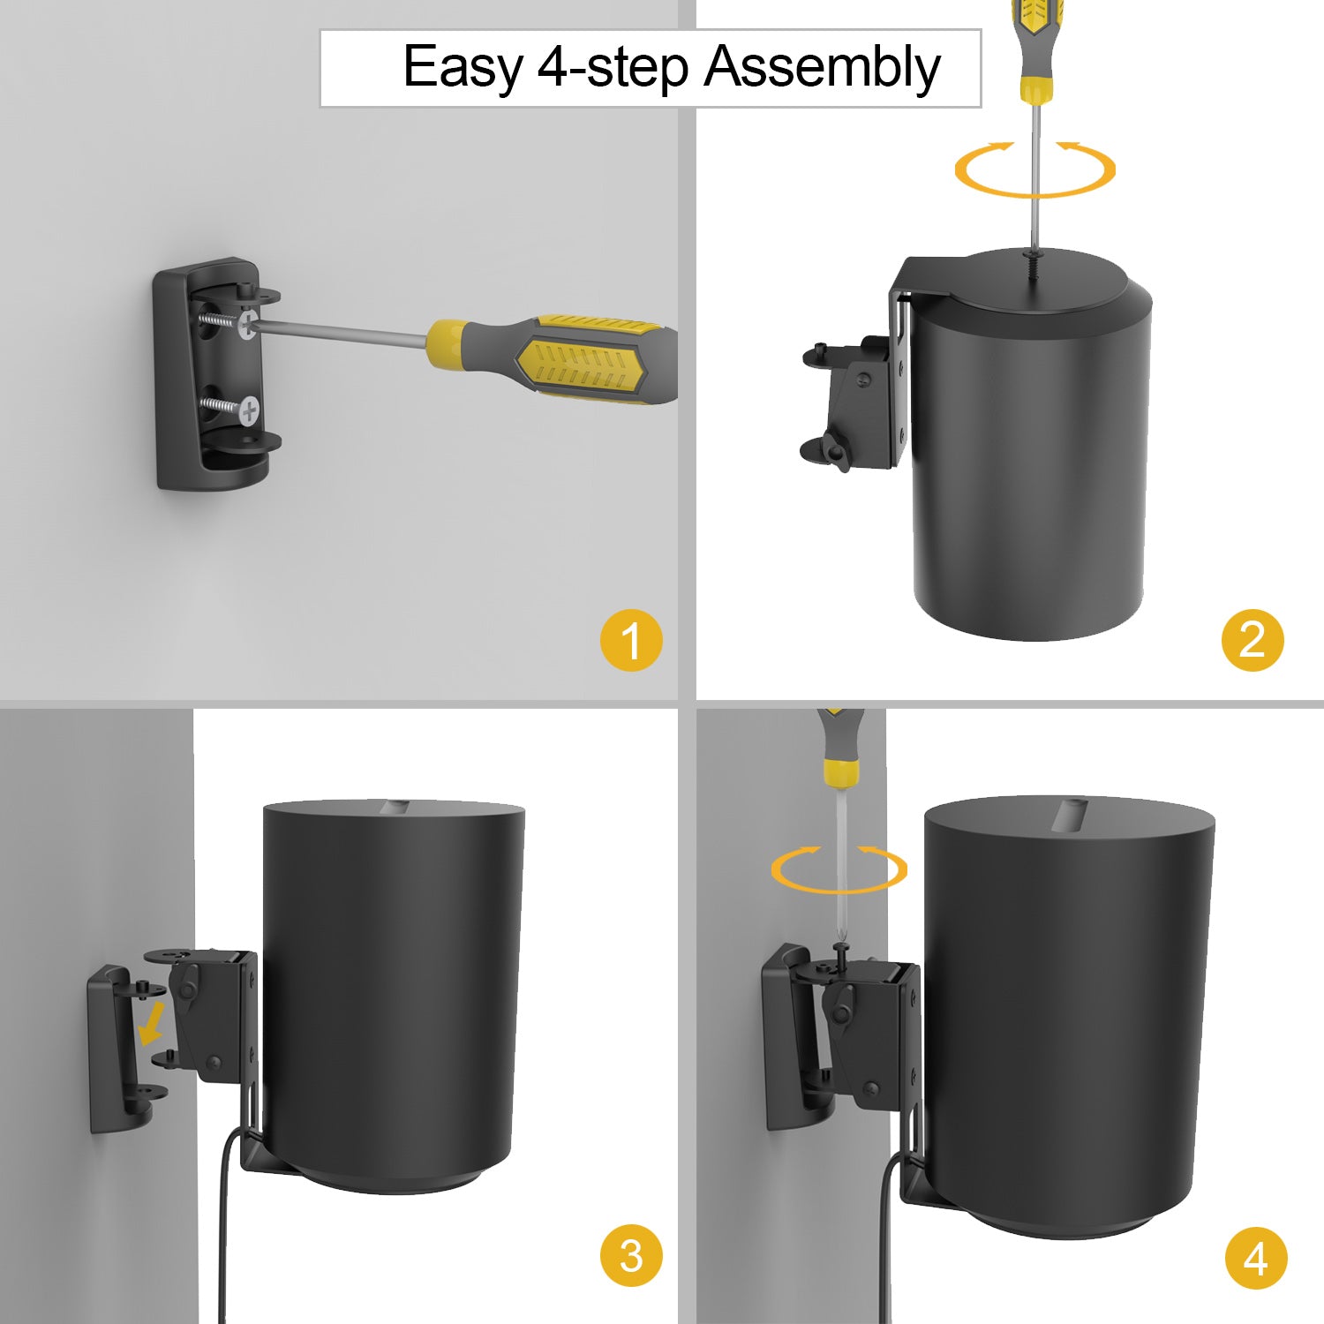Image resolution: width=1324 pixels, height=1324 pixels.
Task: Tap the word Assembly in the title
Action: [823, 69]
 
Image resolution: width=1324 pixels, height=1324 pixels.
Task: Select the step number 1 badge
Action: [631, 640]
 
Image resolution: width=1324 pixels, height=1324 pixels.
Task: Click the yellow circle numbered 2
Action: [1253, 639]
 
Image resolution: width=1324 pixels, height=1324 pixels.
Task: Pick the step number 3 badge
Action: [631, 1255]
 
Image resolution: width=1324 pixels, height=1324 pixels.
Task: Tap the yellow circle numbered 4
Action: [1256, 1258]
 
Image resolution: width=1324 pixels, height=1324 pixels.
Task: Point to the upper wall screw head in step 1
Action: [248, 323]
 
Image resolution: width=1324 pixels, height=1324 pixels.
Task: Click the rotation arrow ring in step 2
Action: [1034, 192]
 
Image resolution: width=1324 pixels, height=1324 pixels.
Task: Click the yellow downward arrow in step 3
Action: [153, 1022]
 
